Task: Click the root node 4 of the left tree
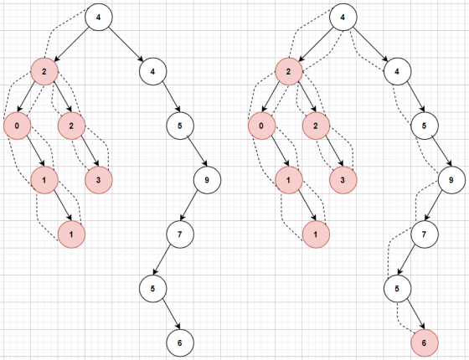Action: [x=99, y=17]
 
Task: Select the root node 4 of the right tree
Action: [x=343, y=17]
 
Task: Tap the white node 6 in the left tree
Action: [x=180, y=342]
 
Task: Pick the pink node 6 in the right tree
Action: [x=425, y=342]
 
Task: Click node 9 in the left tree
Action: [x=207, y=180]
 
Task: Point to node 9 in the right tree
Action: [x=451, y=180]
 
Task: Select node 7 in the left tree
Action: [x=180, y=234]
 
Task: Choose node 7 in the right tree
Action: [x=425, y=234]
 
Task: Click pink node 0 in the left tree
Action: [x=18, y=126]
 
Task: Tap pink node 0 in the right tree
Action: [x=261, y=126]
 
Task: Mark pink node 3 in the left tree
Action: [x=99, y=180]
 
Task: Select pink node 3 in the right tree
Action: [x=343, y=180]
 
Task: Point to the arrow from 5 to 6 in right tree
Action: [x=415, y=315]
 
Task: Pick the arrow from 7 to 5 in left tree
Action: [x=162, y=260]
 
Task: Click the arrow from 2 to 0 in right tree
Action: [x=270, y=97]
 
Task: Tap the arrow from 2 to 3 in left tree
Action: [x=89, y=152]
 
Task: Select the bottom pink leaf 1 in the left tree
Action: [x=71, y=234]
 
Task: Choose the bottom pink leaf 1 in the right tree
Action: [x=316, y=234]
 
